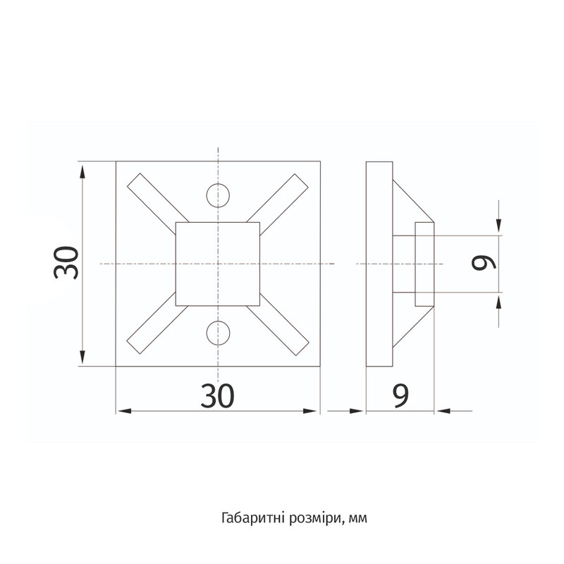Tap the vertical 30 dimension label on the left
[x=66, y=263]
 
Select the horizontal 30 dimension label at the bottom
[x=217, y=396]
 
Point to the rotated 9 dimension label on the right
[x=484, y=263]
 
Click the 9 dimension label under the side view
[x=400, y=396]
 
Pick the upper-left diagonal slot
[x=158, y=204]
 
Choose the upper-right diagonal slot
[x=277, y=204]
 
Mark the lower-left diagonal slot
[x=157, y=323]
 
